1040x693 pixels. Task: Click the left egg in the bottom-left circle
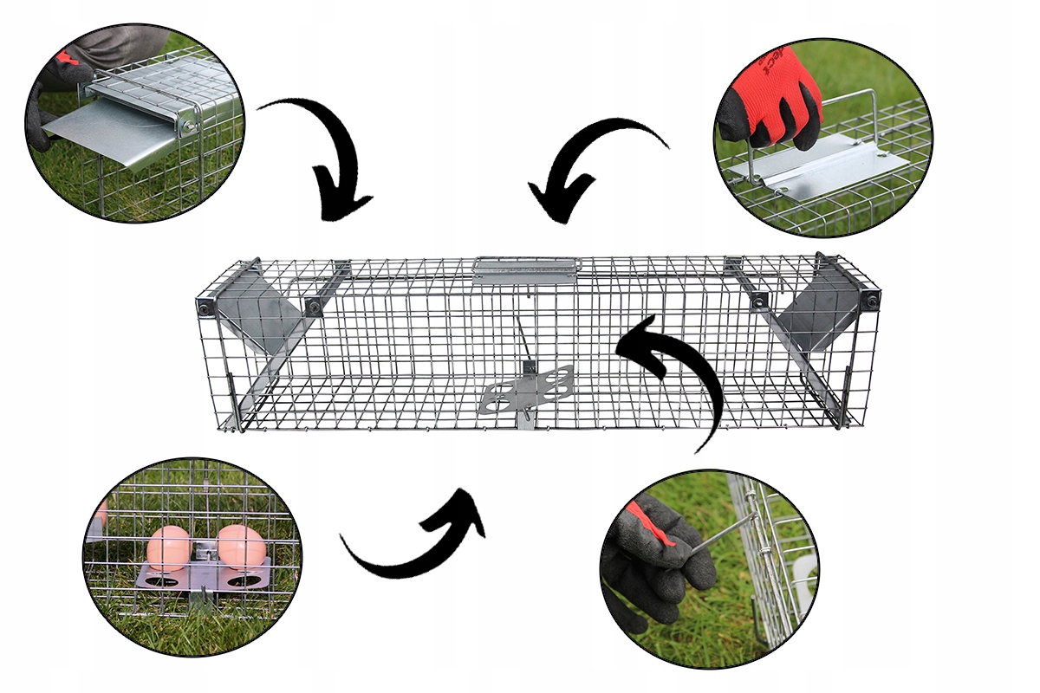168,547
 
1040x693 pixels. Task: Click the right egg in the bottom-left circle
241,547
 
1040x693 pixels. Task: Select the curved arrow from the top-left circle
328,160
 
